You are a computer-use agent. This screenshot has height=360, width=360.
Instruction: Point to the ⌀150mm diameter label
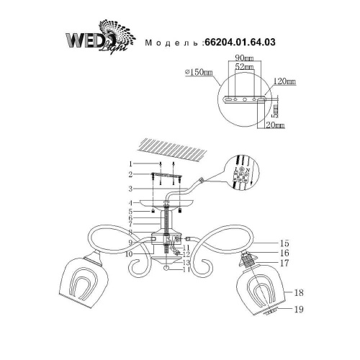point(198,71)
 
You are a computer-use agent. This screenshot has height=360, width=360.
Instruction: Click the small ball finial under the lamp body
point(166,268)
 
